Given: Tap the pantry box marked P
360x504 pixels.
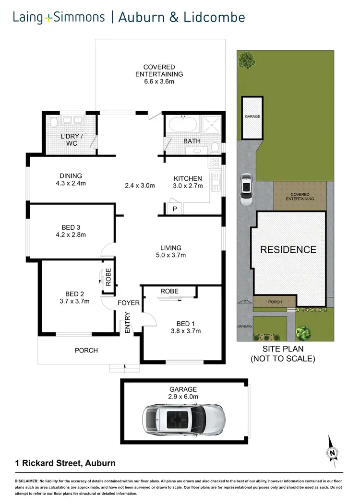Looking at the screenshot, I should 174,209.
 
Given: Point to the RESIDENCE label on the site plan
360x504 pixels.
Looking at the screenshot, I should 288,250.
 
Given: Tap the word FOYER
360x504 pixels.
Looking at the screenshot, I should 129,303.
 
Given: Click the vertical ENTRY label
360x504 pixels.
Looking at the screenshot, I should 128,323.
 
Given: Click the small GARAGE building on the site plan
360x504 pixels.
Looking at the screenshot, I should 252,117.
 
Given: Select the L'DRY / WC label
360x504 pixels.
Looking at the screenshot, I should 69,140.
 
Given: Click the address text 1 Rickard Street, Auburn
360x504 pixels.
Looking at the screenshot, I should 64,463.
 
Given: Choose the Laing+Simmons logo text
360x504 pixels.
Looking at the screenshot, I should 59,18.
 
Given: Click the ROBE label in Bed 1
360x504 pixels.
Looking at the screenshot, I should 169,291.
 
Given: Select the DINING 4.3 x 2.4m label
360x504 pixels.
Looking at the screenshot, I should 71,179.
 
